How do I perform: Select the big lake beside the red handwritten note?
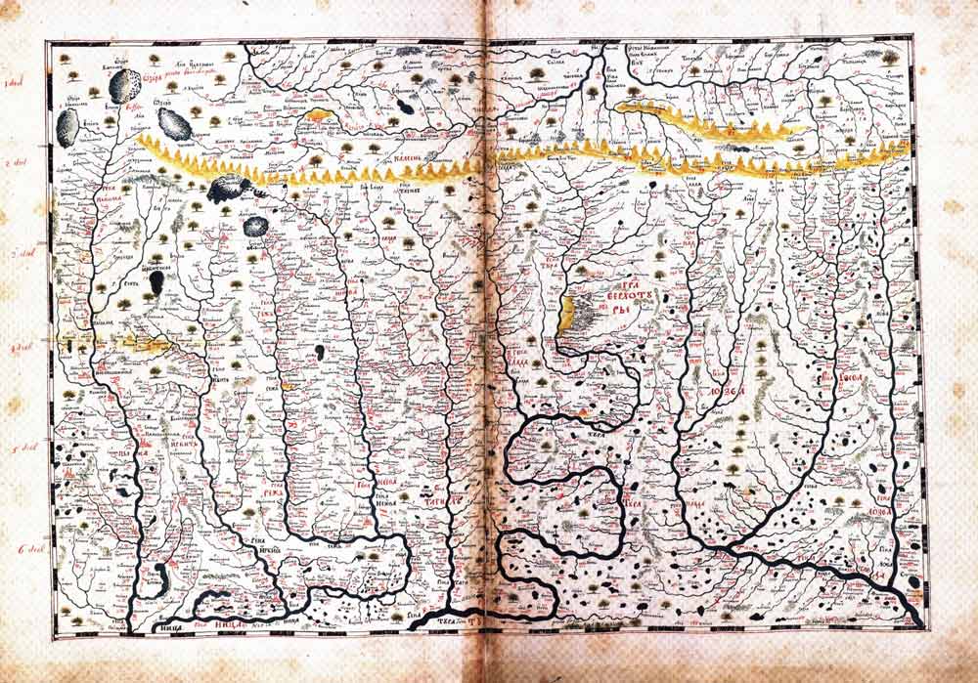(x=125, y=83)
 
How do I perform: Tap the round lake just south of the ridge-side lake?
(x=255, y=227)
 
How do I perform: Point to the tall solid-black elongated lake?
(x=156, y=283)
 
